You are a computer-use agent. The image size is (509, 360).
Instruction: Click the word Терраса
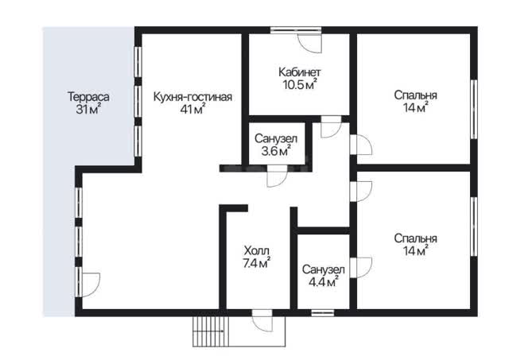88,97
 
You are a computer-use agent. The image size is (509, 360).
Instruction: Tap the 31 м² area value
88,110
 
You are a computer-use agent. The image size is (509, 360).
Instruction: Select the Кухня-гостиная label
192,97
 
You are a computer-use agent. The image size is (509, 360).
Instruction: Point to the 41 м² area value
192,110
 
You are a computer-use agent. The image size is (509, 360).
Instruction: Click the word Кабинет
299,72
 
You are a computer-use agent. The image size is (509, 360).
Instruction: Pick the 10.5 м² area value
299,84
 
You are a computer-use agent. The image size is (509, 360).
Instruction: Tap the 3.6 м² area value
276,151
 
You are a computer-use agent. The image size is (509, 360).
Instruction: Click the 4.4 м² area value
323,282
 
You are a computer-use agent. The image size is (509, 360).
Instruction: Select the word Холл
256,250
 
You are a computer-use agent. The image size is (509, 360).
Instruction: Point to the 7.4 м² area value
256,263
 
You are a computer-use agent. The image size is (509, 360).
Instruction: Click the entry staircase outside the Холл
211,331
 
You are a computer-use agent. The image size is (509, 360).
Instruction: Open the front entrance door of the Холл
262,320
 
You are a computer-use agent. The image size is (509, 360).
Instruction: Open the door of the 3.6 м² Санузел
277,176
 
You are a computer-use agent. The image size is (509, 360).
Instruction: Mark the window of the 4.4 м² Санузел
322,313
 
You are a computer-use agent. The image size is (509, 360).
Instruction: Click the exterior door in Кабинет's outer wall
310,41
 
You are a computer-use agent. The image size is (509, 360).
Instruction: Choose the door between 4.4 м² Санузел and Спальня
360,267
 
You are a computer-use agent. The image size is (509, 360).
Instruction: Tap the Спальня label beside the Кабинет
415,95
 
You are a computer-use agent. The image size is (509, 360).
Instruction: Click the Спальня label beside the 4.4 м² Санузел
415,238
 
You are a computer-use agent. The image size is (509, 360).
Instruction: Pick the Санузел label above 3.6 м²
276,139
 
